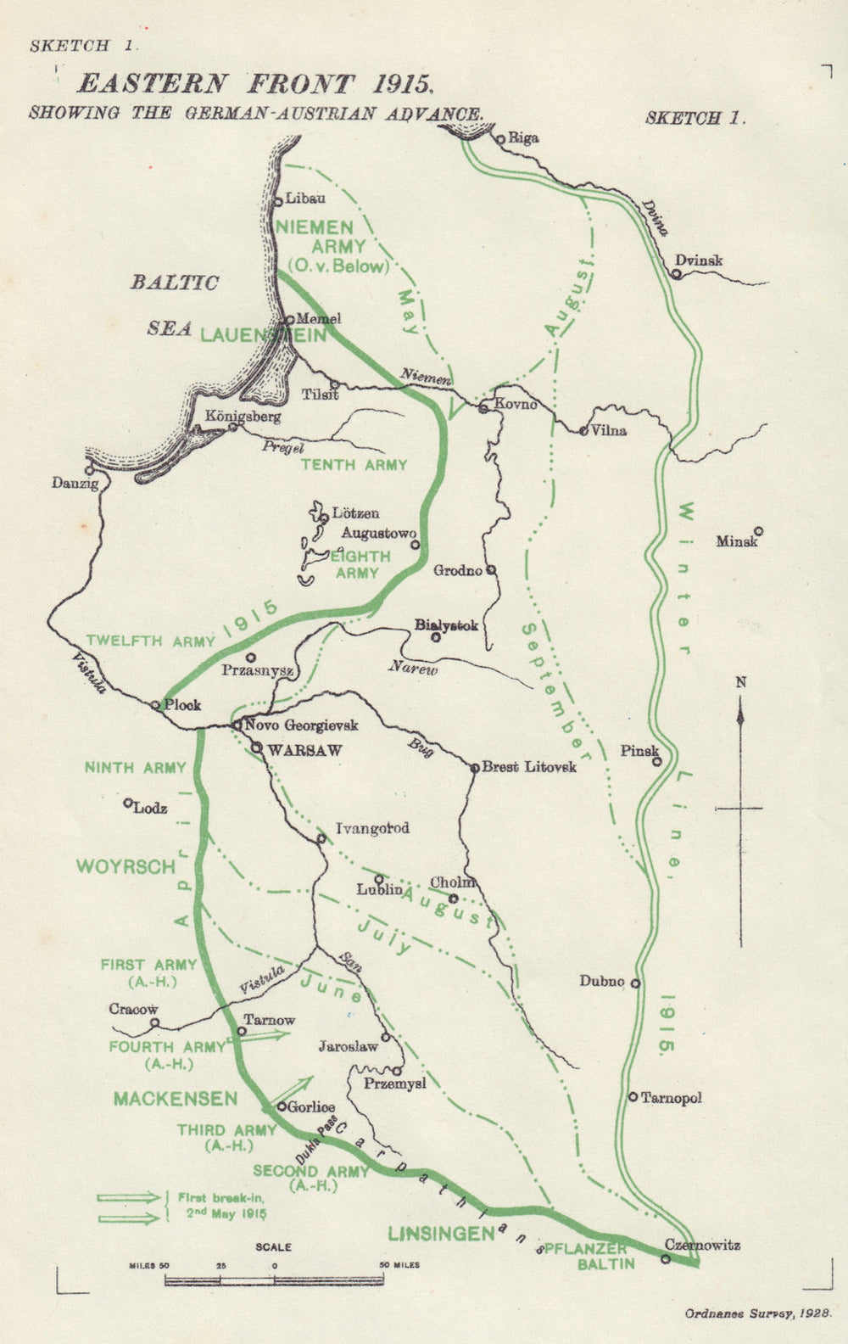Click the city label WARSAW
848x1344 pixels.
(304, 750)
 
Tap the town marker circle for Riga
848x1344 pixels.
(500, 138)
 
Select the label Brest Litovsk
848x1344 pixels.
(528, 767)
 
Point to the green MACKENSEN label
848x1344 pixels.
(176, 1099)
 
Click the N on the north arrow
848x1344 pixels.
(741, 682)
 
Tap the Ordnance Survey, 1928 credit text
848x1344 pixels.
(757, 1313)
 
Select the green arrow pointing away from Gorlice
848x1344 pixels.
(294, 1089)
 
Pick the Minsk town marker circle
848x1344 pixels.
(759, 531)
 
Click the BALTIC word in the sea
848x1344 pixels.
(175, 283)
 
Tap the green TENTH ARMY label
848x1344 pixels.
(354, 465)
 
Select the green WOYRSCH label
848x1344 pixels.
(126, 866)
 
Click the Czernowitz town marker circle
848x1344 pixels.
(666, 1258)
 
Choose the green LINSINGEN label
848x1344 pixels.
(441, 1234)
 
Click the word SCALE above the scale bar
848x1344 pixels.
(273, 1247)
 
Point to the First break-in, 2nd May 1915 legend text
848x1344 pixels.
(222, 1206)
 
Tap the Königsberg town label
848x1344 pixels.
(243, 417)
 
